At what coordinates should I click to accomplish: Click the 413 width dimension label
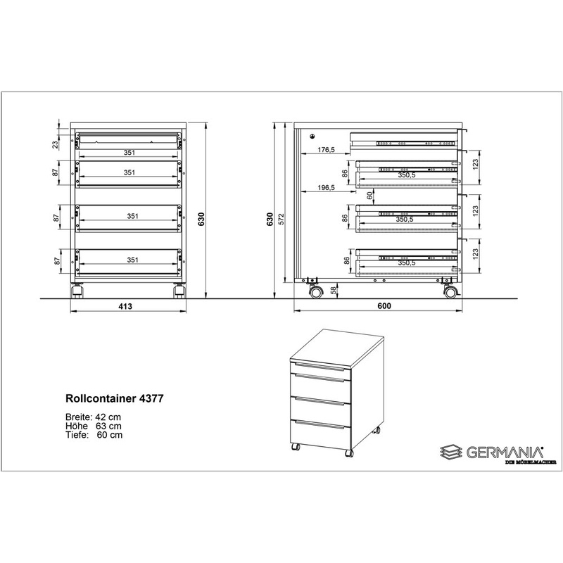(125, 306)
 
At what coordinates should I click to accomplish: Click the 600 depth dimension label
(384, 306)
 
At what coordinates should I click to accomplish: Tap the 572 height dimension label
(281, 219)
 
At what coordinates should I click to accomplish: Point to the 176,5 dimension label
(326, 150)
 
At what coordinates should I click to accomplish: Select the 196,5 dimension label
(326, 187)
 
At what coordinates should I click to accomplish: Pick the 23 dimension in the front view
(55, 144)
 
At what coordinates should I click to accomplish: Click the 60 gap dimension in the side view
(369, 196)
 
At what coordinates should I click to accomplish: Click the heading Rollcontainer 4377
(115, 398)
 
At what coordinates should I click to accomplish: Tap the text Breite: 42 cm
(94, 417)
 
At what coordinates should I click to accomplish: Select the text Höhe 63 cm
(94, 426)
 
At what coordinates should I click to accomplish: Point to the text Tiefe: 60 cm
(94, 435)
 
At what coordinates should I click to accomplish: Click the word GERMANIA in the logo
(505, 453)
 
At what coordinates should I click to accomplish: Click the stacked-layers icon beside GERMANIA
(452, 452)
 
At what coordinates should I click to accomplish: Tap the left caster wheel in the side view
(315, 292)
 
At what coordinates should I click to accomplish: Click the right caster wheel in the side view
(450, 292)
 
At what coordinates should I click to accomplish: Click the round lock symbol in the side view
(312, 136)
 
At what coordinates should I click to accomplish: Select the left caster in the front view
(77, 291)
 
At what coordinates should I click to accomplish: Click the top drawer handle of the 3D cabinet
(320, 366)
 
